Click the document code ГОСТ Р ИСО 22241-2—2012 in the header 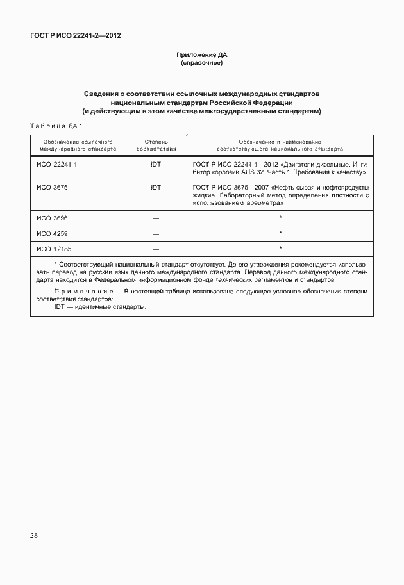click(x=75, y=35)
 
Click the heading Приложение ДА click(x=201, y=55)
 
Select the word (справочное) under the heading click(x=201, y=63)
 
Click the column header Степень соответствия click(x=156, y=144)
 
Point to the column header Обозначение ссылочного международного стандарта click(x=78, y=144)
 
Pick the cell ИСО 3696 click(x=50, y=218)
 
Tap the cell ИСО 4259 click(x=50, y=233)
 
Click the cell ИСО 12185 click(x=52, y=249)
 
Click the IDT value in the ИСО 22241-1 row click(x=156, y=164)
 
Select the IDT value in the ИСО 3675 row click(x=156, y=187)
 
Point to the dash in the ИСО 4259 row click(x=156, y=233)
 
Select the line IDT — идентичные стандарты click(x=100, y=306)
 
